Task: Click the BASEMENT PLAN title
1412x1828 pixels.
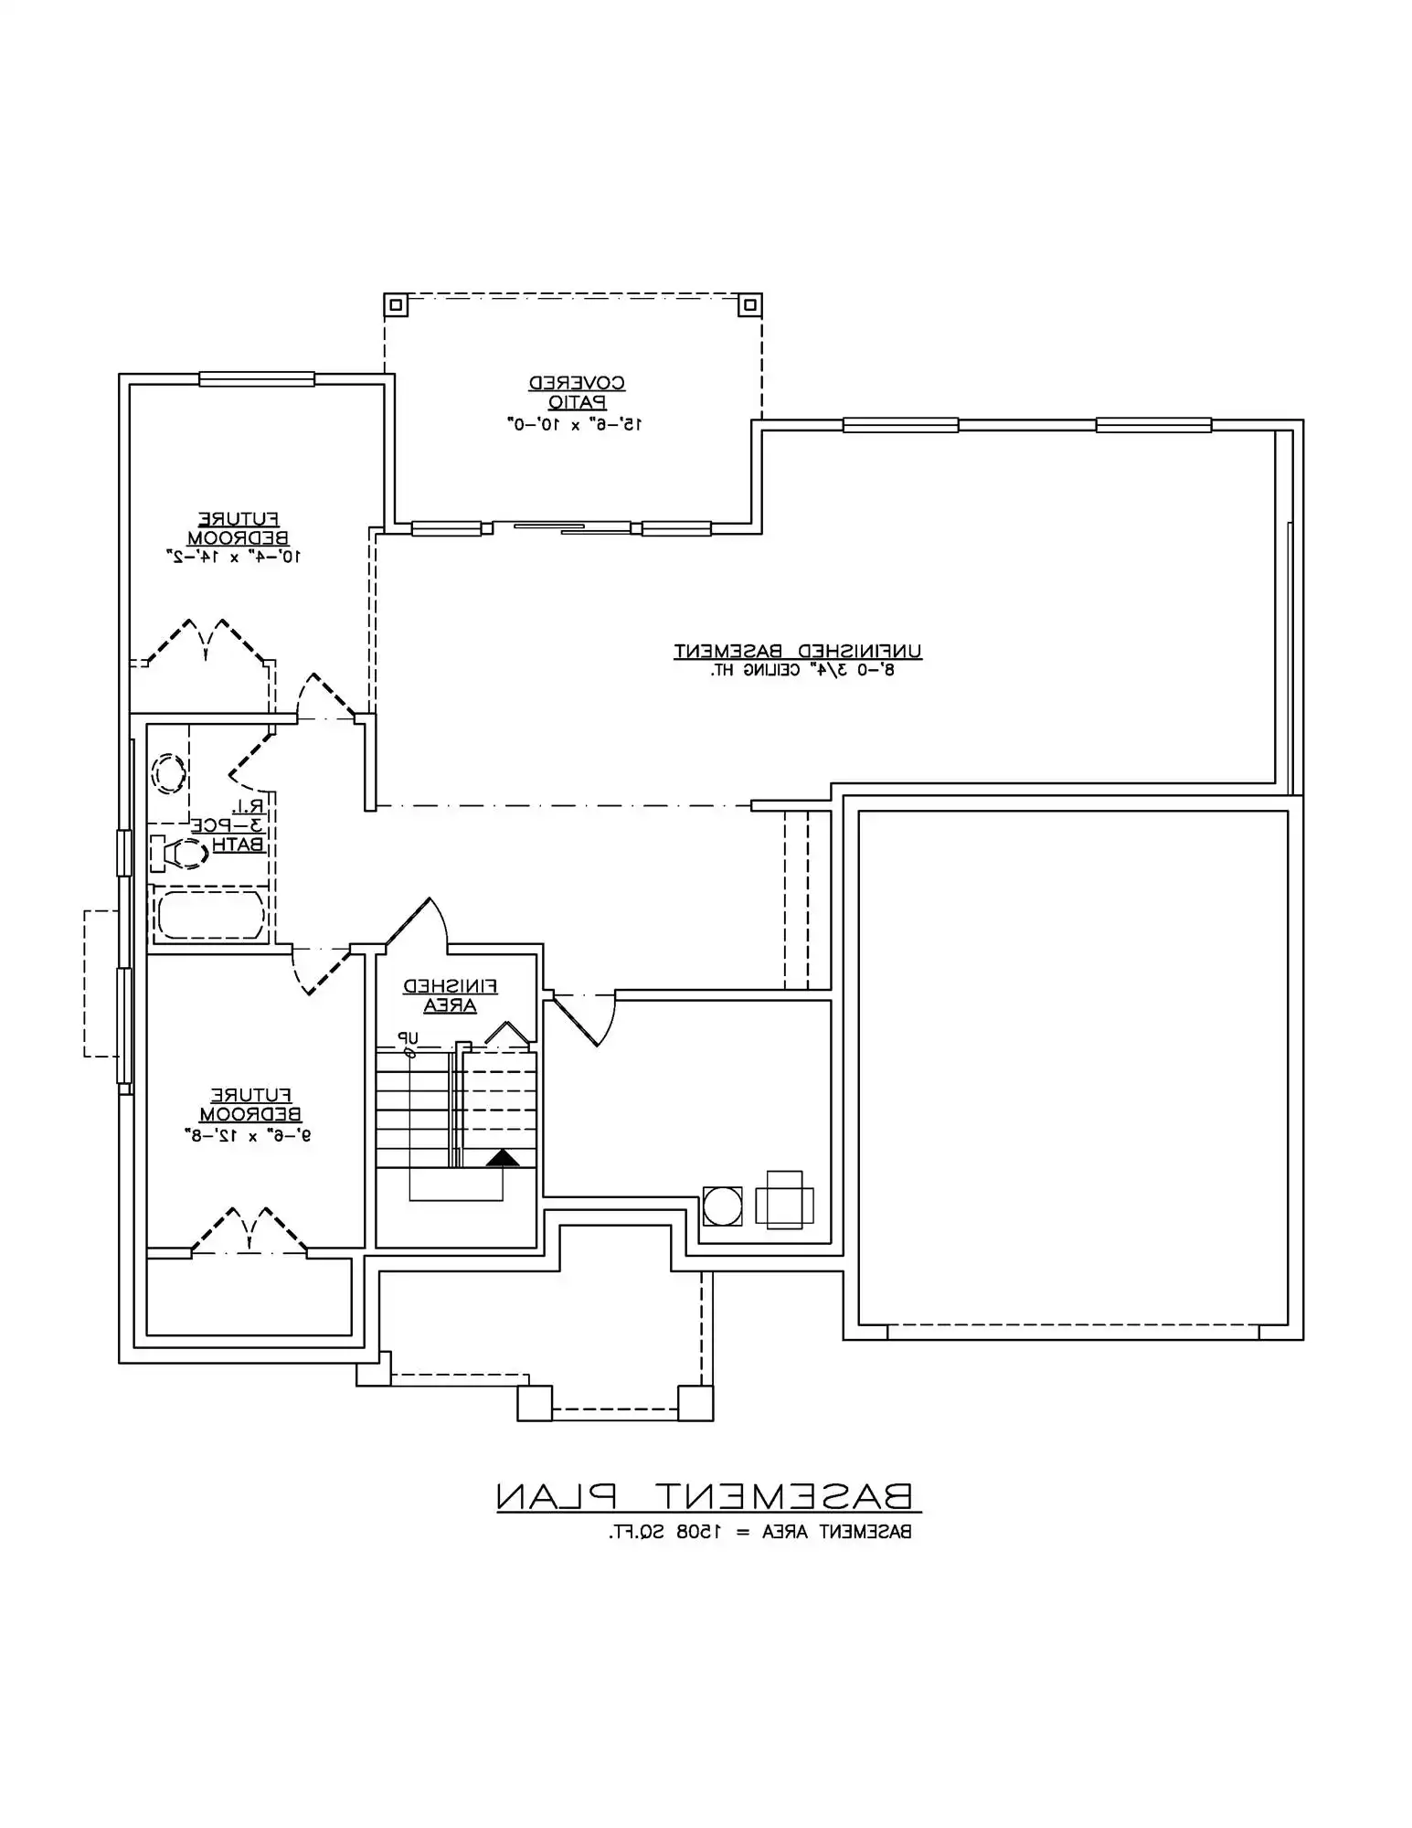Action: pyautogui.click(x=705, y=1495)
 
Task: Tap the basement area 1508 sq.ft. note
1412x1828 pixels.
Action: pyautogui.click(x=760, y=1532)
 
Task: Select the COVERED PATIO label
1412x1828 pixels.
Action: pyautogui.click(x=577, y=392)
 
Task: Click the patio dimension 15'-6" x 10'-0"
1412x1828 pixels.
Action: pyautogui.click(x=576, y=424)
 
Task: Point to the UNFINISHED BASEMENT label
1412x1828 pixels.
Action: pyautogui.click(x=798, y=651)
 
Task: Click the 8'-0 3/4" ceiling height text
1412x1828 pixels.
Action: pyautogui.click(x=802, y=670)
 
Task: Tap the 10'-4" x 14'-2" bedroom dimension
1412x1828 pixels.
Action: pyautogui.click(x=234, y=555)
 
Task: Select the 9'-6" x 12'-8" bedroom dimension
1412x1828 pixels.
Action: pyautogui.click(x=248, y=1135)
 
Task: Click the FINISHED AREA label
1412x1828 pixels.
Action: pyautogui.click(x=451, y=995)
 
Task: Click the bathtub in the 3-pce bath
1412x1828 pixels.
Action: pyautogui.click(x=210, y=915)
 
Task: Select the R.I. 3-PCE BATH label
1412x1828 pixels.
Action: pyautogui.click(x=239, y=825)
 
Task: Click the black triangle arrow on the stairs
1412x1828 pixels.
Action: pyautogui.click(x=502, y=1159)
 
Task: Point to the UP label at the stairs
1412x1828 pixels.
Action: pyautogui.click(x=407, y=1038)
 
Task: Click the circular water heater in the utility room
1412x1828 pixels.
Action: pyautogui.click(x=722, y=1206)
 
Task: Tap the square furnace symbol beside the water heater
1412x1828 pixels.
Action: pyautogui.click(x=784, y=1199)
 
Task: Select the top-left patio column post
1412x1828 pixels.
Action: pyautogui.click(x=395, y=304)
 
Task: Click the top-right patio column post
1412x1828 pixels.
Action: pyautogui.click(x=749, y=304)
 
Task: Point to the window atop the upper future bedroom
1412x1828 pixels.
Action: pyautogui.click(x=257, y=378)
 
